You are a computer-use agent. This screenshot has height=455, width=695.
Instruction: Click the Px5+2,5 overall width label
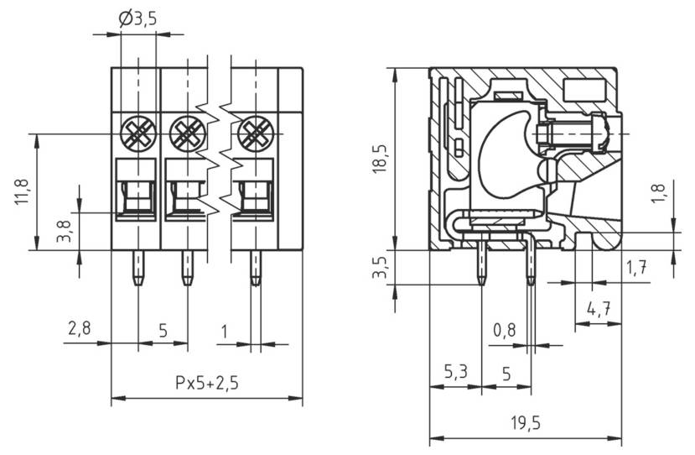point(206,383)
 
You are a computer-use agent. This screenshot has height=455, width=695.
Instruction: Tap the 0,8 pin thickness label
point(505,330)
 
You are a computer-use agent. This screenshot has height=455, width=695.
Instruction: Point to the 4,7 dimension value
point(598,309)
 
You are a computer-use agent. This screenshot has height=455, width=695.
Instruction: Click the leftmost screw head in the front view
point(137,132)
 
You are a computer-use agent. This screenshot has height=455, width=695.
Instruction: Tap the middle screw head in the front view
point(186,132)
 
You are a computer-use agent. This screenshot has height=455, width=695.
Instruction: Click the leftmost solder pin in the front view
point(137,268)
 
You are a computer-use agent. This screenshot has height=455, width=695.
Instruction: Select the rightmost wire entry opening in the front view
point(254,199)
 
